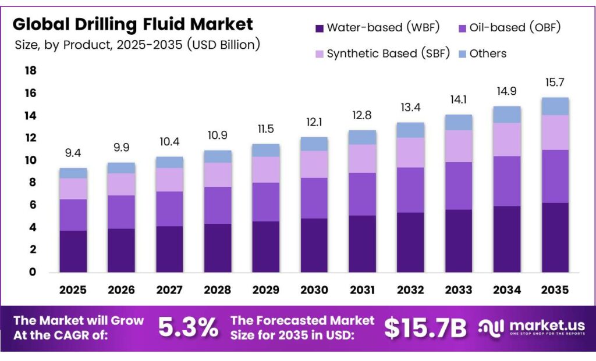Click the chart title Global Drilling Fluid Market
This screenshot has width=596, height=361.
(133, 24)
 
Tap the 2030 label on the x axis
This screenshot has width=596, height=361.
(314, 289)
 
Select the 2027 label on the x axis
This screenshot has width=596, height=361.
(169, 289)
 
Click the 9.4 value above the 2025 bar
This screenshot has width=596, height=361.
(73, 153)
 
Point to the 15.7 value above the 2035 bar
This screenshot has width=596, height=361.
(555, 83)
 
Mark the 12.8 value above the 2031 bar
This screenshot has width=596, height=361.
(362, 115)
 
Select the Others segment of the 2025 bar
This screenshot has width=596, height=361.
(73, 173)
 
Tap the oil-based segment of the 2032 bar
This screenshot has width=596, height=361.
(410, 190)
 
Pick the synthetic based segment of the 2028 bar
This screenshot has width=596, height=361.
(218, 174)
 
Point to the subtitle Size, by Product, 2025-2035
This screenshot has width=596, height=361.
(137, 45)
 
